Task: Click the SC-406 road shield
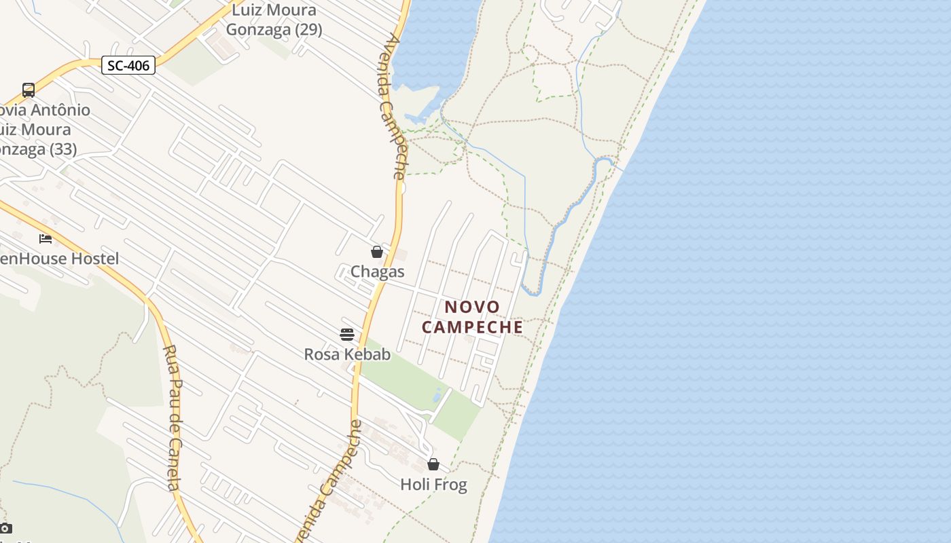[128, 65]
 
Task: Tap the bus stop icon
[29, 90]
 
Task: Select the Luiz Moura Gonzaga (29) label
[274, 20]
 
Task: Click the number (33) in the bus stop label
[62, 149]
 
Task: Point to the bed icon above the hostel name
[46, 238]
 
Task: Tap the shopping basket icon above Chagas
[377, 252]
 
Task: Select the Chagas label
[377, 271]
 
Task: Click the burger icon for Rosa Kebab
[347, 334]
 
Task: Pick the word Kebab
[367, 354]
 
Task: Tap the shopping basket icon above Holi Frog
[433, 464]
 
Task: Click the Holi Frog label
[433, 484]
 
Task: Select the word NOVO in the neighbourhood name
[472, 307]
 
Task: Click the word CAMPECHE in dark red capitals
[472, 326]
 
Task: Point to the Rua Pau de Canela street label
[173, 417]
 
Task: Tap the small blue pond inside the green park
[438, 394]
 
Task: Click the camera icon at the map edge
[5, 528]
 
